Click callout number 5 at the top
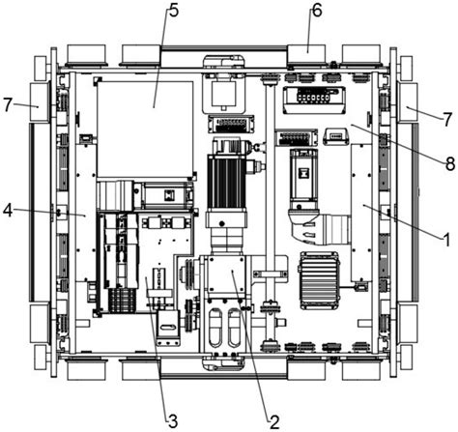173,11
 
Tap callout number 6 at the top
317,11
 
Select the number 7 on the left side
9,104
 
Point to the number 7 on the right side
446,120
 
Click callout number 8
450,163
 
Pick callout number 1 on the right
446,241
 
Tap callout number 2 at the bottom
274,421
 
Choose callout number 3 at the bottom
173,421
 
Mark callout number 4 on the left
8,212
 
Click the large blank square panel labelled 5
145,129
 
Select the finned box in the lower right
320,280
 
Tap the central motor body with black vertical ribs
227,181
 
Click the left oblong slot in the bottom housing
216,327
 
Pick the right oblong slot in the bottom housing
234,327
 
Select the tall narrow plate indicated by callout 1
361,212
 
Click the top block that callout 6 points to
306,54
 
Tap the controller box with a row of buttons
314,100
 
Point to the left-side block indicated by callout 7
40,101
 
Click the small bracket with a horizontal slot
167,328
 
